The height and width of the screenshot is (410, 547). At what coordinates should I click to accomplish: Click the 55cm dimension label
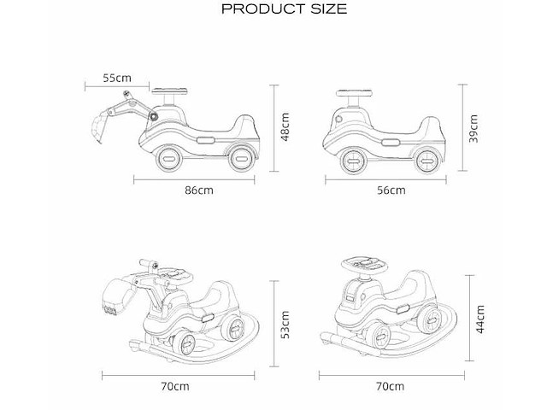[117, 78]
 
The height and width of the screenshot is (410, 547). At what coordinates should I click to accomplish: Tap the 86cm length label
[199, 190]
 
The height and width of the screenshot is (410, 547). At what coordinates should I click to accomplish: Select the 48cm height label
[285, 127]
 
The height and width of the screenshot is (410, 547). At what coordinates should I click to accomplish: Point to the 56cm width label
[391, 190]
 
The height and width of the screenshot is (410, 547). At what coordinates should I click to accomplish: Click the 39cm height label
[473, 128]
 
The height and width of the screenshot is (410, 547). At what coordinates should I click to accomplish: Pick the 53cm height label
[285, 325]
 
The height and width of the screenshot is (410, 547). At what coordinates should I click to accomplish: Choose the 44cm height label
[480, 319]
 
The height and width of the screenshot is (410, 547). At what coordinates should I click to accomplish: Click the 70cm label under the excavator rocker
[175, 386]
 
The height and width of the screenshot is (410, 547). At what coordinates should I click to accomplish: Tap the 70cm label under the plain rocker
[390, 386]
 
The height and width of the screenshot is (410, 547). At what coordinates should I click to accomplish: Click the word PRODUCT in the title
[263, 9]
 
